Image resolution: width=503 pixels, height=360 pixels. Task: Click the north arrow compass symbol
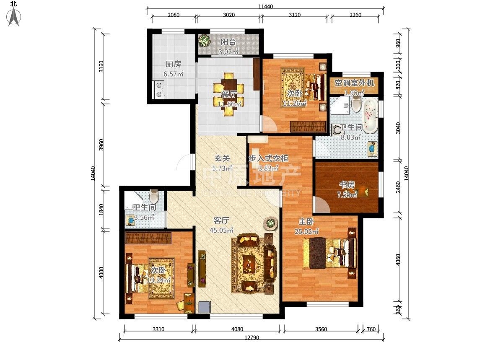14,16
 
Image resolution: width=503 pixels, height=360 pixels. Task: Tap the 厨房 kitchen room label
173,64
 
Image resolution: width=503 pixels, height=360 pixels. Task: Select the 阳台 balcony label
228,42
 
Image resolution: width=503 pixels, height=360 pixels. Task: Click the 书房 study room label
347,185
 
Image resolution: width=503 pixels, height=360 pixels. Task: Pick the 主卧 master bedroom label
306,222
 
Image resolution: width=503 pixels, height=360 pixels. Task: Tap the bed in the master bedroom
329,253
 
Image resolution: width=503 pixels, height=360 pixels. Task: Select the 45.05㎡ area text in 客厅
221,230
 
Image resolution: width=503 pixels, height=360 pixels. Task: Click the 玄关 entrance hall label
222,158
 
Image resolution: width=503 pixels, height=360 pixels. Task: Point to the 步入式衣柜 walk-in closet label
268,158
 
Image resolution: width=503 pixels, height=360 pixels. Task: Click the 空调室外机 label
354,83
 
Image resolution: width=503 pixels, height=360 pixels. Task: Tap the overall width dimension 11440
265,6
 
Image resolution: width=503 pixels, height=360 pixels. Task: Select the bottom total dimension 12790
252,338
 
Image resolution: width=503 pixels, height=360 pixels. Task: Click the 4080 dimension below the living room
237,329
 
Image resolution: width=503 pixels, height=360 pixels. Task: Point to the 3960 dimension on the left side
101,145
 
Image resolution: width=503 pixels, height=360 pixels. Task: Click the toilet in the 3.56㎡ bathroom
154,196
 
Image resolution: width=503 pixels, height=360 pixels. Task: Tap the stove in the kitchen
159,90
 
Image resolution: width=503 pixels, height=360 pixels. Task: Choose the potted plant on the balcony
205,41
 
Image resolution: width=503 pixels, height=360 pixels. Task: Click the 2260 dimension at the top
355,15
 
